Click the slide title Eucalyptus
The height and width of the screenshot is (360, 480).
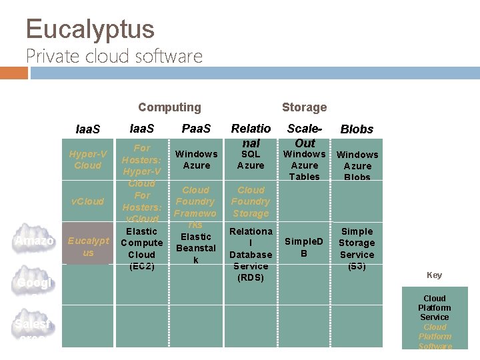(x=90, y=29)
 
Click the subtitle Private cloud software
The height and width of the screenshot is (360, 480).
(x=114, y=56)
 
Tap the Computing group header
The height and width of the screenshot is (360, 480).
(x=169, y=107)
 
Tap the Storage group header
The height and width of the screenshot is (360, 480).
(x=304, y=107)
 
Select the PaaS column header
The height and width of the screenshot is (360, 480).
(x=196, y=129)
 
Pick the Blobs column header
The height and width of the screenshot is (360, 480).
(x=357, y=129)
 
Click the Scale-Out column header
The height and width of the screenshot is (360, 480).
(x=305, y=135)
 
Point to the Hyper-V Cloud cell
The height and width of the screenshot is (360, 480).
(x=88, y=160)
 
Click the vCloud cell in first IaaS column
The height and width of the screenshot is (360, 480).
(x=88, y=201)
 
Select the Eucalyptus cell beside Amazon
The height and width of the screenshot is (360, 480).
(x=88, y=247)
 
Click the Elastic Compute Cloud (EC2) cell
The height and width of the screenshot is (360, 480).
(x=141, y=249)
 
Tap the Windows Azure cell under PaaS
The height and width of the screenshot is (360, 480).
(x=196, y=160)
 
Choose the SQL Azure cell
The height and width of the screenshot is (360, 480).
(x=251, y=160)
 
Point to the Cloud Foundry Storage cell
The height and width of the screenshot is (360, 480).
(x=251, y=201)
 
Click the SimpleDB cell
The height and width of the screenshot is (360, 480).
(x=304, y=247)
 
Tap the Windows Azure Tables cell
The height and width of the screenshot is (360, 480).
(x=305, y=165)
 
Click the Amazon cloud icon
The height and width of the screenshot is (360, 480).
(x=35, y=240)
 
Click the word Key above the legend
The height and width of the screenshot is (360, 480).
(x=434, y=275)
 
